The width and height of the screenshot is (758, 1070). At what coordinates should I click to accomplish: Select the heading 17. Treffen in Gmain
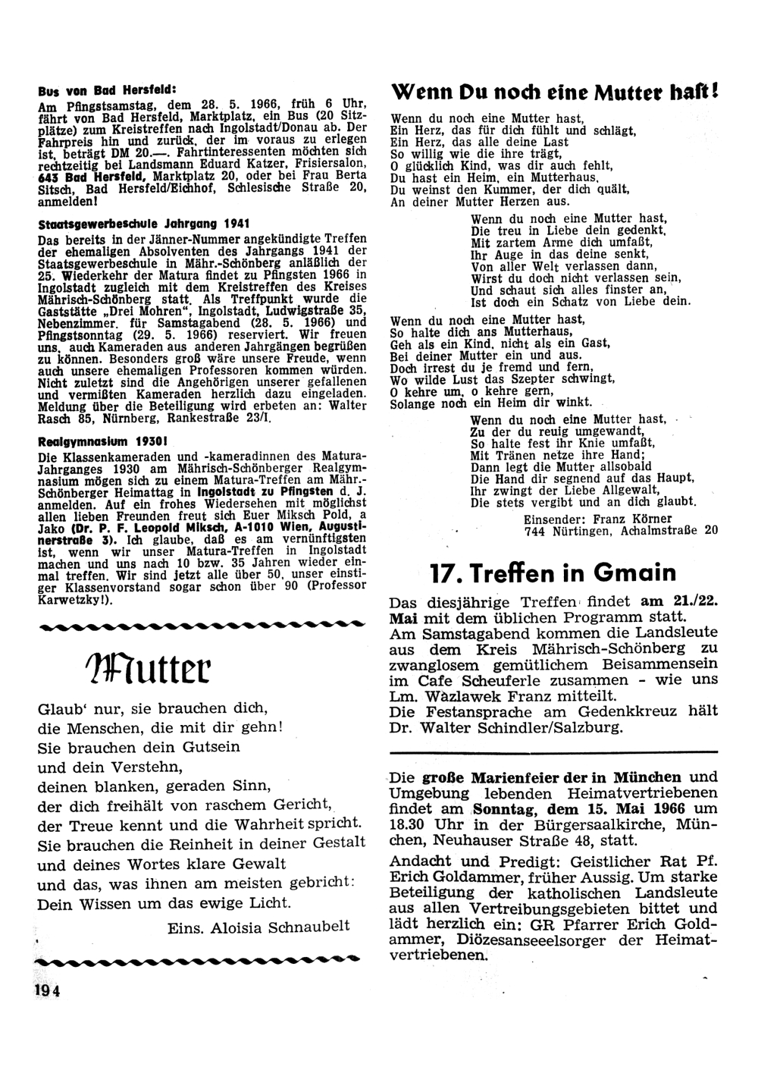click(553, 572)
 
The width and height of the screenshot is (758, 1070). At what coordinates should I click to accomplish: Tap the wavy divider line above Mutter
click(197, 626)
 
